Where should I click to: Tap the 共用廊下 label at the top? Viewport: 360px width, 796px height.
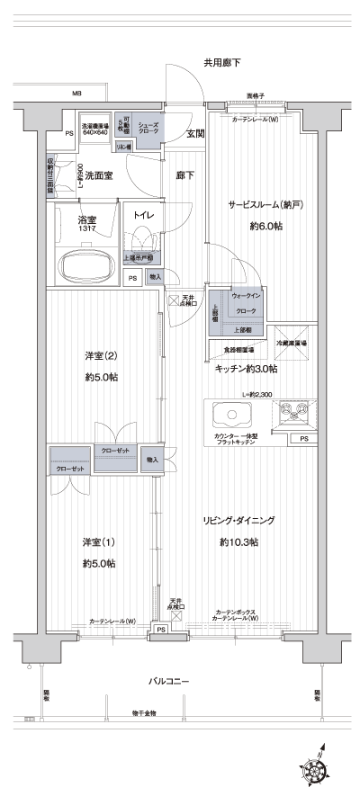(x=221, y=63)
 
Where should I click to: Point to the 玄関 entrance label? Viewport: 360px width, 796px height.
(x=194, y=134)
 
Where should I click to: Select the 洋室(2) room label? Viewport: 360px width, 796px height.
(x=100, y=354)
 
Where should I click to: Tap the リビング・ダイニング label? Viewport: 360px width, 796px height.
(x=238, y=521)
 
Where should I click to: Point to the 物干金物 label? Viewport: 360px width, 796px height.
(x=143, y=712)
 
